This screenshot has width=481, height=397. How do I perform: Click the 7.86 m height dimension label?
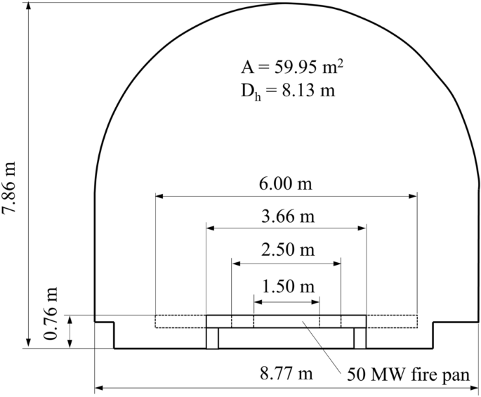coord(9,188)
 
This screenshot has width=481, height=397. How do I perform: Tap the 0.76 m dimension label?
coord(51,313)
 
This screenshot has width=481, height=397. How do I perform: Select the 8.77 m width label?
coord(286,374)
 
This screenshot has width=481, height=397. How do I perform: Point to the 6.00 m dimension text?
coord(286,184)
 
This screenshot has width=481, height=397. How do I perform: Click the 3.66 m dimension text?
coord(288,217)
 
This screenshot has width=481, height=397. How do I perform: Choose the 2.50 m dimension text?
coord(288,249)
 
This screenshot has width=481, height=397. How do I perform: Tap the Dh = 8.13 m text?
coord(288,91)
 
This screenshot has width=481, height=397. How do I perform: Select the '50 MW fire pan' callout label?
coord(408,375)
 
